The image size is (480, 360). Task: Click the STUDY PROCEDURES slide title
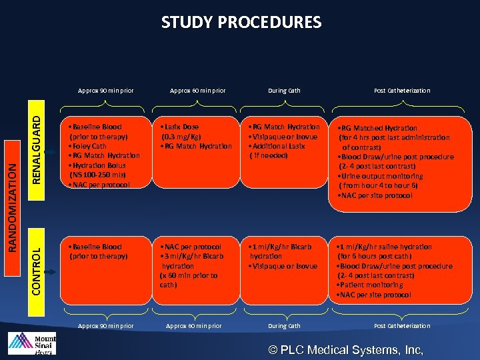(x=241, y=23)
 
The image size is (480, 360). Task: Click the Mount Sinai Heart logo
(x=31, y=343)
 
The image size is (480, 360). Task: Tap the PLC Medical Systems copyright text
(x=345, y=349)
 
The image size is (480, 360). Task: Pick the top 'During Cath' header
(x=284, y=91)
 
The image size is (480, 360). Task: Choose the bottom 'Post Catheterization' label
(x=402, y=326)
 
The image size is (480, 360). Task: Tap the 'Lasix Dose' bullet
(x=179, y=127)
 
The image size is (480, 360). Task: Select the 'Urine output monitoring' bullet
(x=380, y=176)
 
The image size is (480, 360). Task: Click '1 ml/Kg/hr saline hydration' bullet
(x=385, y=247)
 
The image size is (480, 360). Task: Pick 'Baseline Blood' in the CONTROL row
(x=95, y=247)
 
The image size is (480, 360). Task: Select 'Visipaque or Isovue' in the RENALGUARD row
(x=283, y=137)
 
